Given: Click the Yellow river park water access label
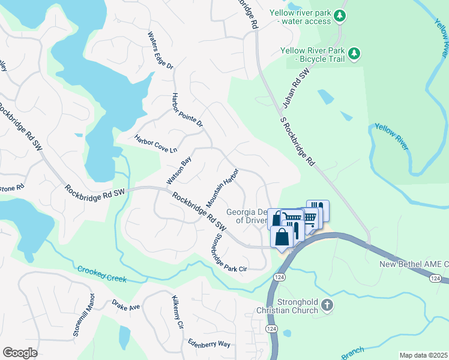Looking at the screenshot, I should (x=300, y=17).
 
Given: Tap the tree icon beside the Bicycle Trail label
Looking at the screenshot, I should (x=354, y=54).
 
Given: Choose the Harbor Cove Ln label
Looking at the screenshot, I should (x=156, y=143).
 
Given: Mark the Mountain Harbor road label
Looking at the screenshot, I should (x=223, y=188).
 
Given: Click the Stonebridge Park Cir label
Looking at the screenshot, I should (x=220, y=251).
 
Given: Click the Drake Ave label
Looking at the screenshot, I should (x=125, y=307).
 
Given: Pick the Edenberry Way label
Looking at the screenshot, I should (x=208, y=344).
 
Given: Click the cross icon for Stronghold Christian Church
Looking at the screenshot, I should (x=327, y=305).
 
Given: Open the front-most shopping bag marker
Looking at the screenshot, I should (x=282, y=236).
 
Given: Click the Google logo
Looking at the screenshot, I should (x=20, y=353).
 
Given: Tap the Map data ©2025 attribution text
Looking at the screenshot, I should (x=423, y=355).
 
